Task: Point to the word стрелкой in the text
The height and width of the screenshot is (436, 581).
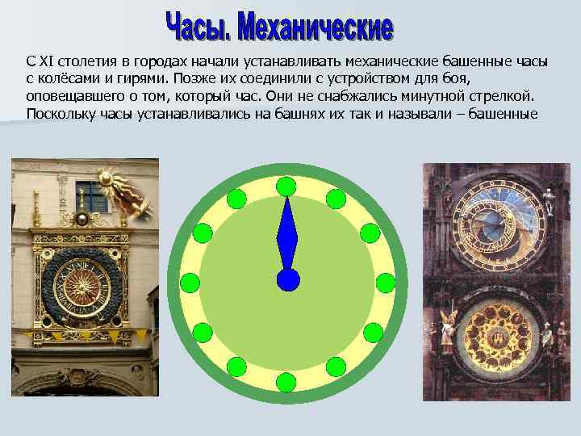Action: (504, 96)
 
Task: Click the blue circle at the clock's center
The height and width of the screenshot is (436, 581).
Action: (287, 279)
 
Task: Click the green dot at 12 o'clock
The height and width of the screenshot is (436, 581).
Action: (286, 186)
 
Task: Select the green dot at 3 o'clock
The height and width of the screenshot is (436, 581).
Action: (386, 283)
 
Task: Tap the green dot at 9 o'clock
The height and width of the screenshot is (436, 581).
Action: (189, 283)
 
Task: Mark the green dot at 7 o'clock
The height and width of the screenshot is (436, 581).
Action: (236, 367)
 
